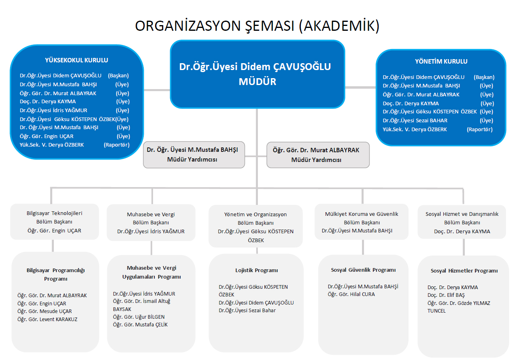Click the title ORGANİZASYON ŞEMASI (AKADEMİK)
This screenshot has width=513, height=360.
pyautogui.click(x=257, y=26)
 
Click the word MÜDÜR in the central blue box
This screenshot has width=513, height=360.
pyautogui.click(x=258, y=82)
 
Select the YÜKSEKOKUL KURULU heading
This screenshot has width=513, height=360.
pyautogui.click(x=77, y=60)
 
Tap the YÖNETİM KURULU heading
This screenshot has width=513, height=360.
pyautogui.click(x=441, y=62)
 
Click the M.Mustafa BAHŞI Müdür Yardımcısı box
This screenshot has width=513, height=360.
pyautogui.click(x=194, y=155)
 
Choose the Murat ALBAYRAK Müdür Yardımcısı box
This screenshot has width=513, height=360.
pyautogui.click(x=318, y=155)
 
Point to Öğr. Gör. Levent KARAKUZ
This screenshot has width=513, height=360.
pyautogui.click(x=47, y=319)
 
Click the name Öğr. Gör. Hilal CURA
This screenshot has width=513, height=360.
pyautogui.click(x=351, y=294)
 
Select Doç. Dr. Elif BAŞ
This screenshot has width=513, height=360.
pyautogui.click(x=446, y=295)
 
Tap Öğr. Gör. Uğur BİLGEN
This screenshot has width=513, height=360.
pyautogui.click(x=138, y=317)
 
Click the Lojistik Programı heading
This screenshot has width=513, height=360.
pyautogui.click(x=257, y=271)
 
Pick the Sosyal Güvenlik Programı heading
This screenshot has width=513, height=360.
pyautogui.click(x=363, y=270)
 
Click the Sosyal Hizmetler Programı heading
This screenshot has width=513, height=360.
pyautogui.click(x=464, y=271)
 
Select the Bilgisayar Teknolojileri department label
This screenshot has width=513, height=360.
pyautogui.click(x=54, y=213)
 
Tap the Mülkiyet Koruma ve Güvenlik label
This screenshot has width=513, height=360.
pyautogui.click(x=362, y=214)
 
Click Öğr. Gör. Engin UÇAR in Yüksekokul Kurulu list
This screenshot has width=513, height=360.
pyautogui.click(x=47, y=136)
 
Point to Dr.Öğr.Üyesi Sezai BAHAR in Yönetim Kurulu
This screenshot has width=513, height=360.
pyautogui.click(x=415, y=120)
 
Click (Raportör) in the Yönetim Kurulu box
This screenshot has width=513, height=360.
pyautogui.click(x=479, y=130)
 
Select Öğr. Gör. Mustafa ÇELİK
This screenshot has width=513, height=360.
pyautogui.click(x=140, y=325)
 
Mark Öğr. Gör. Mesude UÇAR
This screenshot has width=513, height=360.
pyautogui.click(x=45, y=311)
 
